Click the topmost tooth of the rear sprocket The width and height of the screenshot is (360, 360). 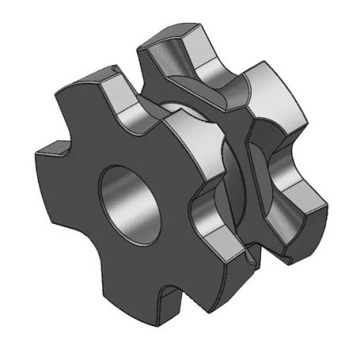click(170, 44)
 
